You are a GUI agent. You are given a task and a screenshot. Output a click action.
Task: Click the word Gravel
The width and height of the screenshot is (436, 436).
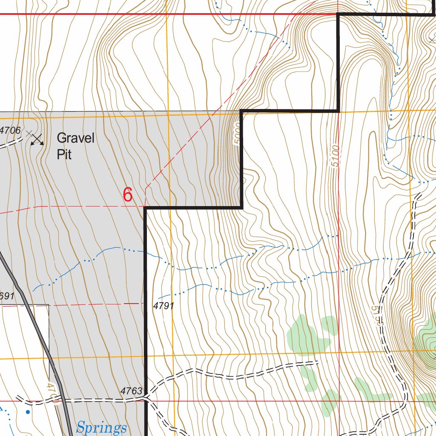tap(75, 138)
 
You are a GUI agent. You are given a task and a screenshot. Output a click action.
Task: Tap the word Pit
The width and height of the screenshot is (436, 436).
tap(64, 154)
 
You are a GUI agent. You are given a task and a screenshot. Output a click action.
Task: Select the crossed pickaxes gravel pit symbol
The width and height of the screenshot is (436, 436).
tap(37, 139)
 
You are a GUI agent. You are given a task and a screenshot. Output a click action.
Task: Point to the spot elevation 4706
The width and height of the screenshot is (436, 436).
tap(10, 130)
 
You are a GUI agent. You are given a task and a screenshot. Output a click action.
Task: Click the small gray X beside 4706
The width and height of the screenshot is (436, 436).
tap(29, 134)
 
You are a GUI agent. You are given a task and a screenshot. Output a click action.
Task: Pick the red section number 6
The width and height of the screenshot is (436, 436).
tap(128, 195)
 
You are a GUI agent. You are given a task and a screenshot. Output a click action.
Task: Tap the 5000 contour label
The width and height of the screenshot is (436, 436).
tap(238, 135)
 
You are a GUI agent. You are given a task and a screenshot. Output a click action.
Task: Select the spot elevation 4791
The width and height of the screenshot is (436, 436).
tap(163, 306)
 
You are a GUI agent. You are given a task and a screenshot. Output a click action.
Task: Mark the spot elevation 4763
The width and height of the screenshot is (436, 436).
tap(131, 390)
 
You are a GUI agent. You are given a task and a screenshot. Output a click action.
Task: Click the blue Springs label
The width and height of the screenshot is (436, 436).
tap(102, 427)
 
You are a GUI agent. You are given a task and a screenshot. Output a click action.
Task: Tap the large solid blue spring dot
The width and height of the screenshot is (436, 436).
tap(28, 412)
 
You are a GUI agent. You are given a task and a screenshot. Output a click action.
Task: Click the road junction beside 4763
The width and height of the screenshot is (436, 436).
tap(146, 398)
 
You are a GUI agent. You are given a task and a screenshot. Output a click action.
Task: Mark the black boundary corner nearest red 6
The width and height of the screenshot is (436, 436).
tap(145, 208)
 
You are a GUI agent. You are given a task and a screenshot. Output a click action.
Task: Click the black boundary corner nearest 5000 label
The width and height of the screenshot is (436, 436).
tap(241, 112)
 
